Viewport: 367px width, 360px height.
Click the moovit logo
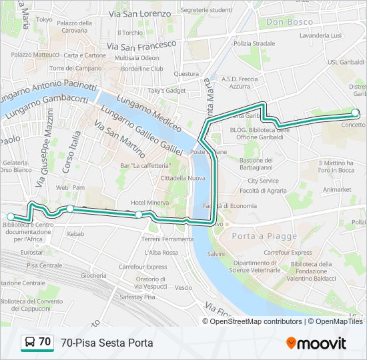point(316,343)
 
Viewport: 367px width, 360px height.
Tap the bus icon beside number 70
point(30,343)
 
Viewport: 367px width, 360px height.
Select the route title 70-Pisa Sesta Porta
point(107,343)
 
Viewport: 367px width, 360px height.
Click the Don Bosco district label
point(289,22)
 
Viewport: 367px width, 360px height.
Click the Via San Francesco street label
point(141,45)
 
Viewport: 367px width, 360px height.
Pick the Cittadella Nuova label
point(182,178)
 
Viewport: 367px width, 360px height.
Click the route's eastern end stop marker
point(356,113)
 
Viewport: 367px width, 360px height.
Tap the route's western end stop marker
point(10,217)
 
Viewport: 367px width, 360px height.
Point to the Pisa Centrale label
point(44,265)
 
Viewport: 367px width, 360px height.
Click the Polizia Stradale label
point(254,43)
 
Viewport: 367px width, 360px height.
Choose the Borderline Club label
point(143,68)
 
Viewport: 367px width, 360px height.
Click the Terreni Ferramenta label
point(167,239)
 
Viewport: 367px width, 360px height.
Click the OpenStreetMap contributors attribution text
point(256,321)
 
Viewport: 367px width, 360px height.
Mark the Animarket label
point(337,189)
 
